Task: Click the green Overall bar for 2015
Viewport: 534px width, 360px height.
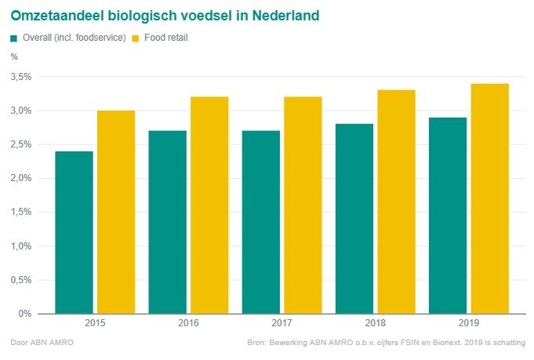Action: pyautogui.click(x=74, y=232)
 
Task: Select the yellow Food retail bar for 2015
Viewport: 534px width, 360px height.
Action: pyautogui.click(x=115, y=212)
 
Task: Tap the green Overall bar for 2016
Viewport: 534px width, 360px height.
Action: pyautogui.click(x=167, y=222)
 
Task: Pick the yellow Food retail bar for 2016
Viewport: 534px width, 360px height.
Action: pyautogui.click(x=209, y=205)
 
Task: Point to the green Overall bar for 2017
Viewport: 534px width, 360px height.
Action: pyautogui.click(x=260, y=222)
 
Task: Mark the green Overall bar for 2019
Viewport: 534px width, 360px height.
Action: pyautogui.click(x=448, y=216)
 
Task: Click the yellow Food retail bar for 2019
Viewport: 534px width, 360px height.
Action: pyautogui.click(x=489, y=198)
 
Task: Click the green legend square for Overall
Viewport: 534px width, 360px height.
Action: pyautogui.click(x=14, y=38)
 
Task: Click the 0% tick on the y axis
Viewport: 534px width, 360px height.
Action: pyautogui.click(x=25, y=314)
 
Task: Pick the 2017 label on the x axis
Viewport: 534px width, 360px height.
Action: pyautogui.click(x=282, y=324)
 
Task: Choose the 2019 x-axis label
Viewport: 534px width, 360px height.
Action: pyautogui.click(x=468, y=324)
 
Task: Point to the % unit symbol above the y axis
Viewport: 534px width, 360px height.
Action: pyautogui.click(x=14, y=56)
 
